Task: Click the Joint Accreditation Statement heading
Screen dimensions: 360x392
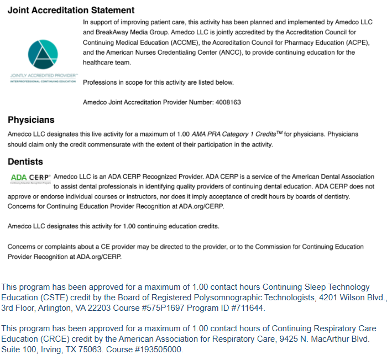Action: point(71,10)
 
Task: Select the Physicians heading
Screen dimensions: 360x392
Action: point(31,120)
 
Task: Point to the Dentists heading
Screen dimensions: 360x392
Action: point(25,162)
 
